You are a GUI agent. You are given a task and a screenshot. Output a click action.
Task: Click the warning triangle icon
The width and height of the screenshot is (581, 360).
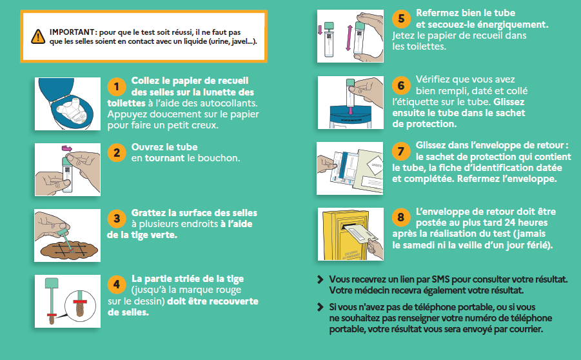coord(38,36)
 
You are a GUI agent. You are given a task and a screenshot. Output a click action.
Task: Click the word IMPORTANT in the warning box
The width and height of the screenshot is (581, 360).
coord(72,32)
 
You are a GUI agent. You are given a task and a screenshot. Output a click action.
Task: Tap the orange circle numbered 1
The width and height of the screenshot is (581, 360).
coord(116,86)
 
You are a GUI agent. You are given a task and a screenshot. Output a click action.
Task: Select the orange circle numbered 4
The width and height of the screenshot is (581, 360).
coord(116,285)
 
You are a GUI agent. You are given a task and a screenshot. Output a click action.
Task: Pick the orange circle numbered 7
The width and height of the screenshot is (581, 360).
coord(401,151)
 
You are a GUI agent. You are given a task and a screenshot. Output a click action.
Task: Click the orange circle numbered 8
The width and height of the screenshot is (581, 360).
coord(401,217)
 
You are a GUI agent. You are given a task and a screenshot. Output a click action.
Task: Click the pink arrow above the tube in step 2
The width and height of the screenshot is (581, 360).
coord(67,148)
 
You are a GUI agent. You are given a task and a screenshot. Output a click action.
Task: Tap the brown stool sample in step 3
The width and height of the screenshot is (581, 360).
coord(69,250)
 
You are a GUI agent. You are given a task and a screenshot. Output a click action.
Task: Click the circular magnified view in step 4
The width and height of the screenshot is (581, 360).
coord(80,306)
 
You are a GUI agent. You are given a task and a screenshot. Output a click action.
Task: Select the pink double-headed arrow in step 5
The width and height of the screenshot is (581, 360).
coord(348,37)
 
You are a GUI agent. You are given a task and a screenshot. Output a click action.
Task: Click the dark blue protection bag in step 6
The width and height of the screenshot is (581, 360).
coord(350,114)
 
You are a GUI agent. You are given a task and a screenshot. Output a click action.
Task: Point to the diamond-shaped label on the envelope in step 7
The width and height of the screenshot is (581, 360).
coord(375,165)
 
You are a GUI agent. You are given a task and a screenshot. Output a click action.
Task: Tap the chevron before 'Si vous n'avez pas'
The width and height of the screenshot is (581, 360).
coord(320,307)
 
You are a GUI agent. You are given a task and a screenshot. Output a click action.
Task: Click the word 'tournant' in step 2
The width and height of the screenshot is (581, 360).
coord(164,158)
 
